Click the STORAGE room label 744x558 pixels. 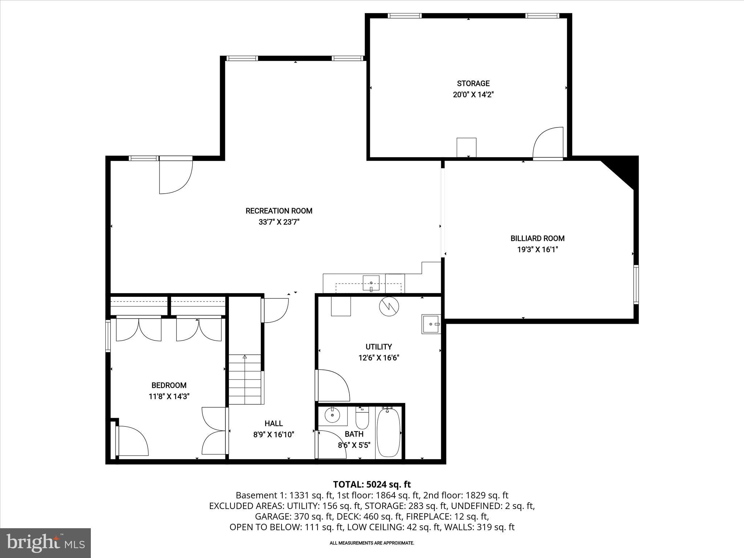pyautogui.click(x=473, y=84)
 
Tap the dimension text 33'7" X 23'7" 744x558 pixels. pyautogui.click(x=279, y=222)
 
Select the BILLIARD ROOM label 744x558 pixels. pyautogui.click(x=537, y=239)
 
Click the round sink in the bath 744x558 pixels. pyautogui.click(x=332, y=415)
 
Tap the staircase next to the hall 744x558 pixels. pyautogui.click(x=245, y=380)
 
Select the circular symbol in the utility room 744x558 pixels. pyautogui.click(x=389, y=307)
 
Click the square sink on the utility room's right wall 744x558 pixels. pyautogui.click(x=431, y=324)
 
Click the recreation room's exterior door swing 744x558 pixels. pyautogui.click(x=176, y=176)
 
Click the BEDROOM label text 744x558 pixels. pyautogui.click(x=169, y=385)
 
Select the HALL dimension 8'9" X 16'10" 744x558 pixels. pyautogui.click(x=274, y=434)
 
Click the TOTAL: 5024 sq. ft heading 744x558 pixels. pyautogui.click(x=372, y=484)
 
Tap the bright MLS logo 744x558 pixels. pyautogui.click(x=45, y=543)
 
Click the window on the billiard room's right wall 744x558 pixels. pyautogui.click(x=636, y=284)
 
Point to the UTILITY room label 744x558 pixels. pyautogui.click(x=379, y=347)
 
